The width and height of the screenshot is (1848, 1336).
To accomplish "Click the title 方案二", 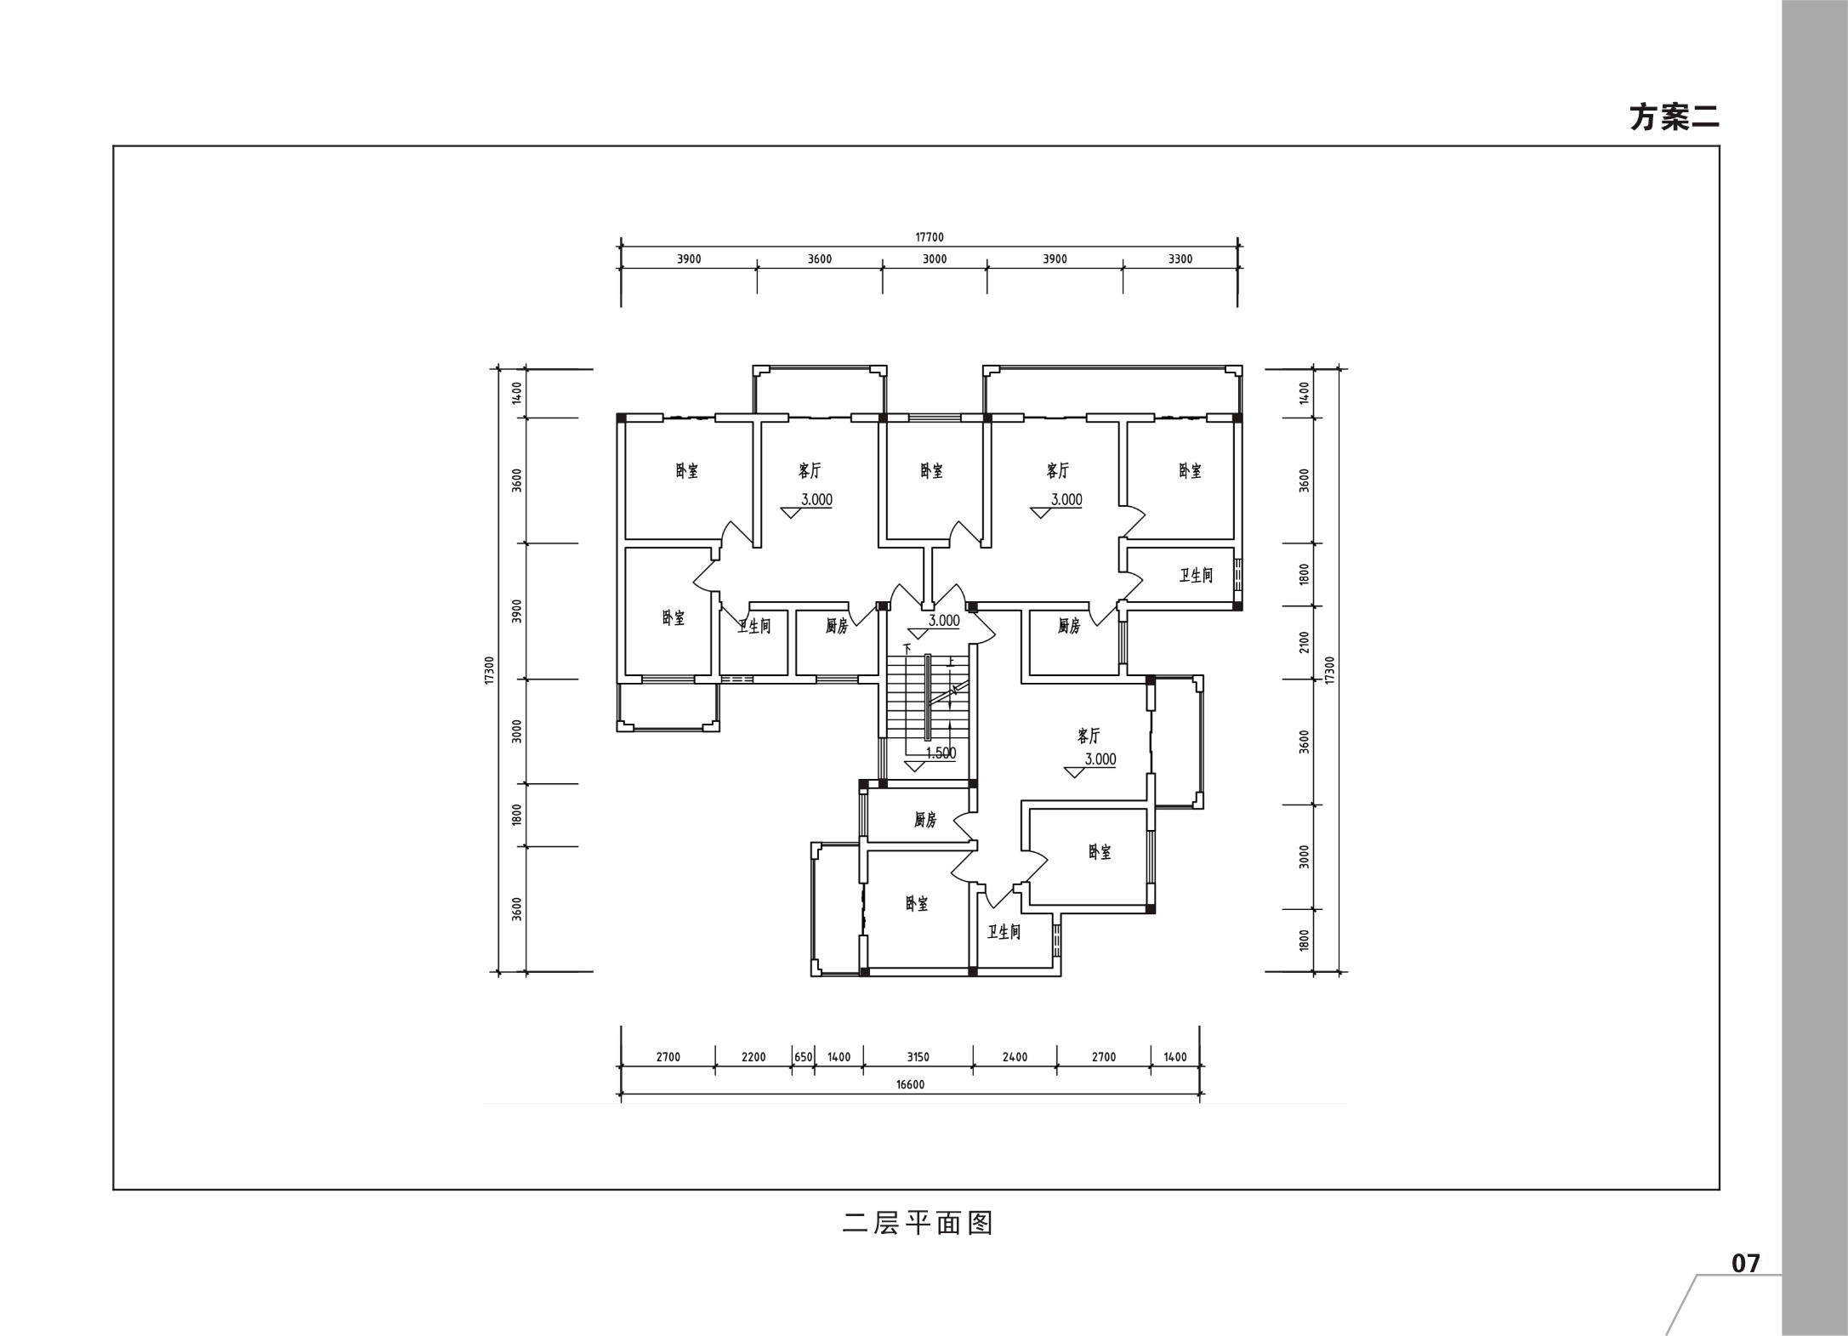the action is [x=1674, y=117].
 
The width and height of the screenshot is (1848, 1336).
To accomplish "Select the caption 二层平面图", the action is [x=918, y=1224].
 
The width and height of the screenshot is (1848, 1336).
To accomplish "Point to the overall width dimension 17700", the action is [x=930, y=237].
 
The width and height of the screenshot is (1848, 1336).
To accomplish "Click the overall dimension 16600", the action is [x=910, y=1084].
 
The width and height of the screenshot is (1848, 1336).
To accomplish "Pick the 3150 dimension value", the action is [x=918, y=1057].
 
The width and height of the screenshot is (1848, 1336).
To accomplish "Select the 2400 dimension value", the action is [x=1015, y=1057].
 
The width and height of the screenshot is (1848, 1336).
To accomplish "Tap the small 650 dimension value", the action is [x=803, y=1057].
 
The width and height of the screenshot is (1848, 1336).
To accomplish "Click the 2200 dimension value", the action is [x=753, y=1057].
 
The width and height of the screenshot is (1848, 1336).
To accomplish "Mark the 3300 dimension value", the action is [x=1180, y=259].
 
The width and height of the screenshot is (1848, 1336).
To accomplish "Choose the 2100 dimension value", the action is [x=1305, y=642].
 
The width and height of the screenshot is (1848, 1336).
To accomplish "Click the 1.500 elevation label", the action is [x=941, y=753].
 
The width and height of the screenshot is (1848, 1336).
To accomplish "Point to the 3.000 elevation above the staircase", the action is [x=944, y=621].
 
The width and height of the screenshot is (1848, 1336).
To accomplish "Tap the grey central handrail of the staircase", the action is [x=928, y=697].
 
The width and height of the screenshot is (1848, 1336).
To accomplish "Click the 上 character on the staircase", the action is [x=952, y=660].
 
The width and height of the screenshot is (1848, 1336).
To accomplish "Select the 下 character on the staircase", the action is [x=907, y=649].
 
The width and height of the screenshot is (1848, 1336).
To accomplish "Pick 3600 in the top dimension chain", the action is [x=820, y=259].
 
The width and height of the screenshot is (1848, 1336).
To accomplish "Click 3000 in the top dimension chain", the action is [x=935, y=259].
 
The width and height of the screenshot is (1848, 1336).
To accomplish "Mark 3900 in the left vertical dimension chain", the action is [x=517, y=611].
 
